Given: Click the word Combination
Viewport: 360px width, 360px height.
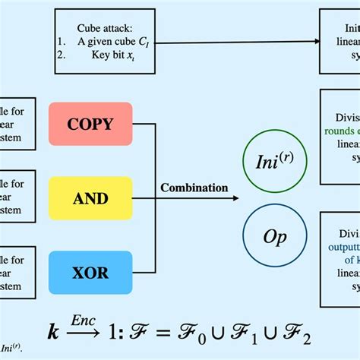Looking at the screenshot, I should coord(194,187).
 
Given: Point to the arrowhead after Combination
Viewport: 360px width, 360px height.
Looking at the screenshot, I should coord(235,199).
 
